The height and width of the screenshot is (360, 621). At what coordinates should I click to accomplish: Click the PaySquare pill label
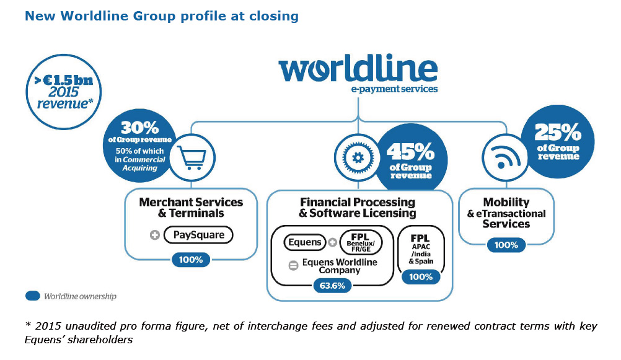point(199,235)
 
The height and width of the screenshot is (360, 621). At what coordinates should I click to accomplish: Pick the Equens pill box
point(305,242)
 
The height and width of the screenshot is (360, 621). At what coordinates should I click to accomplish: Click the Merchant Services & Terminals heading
point(191,208)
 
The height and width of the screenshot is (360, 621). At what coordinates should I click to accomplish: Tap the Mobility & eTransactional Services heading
point(506,213)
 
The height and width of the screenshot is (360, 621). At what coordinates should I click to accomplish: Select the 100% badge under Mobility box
point(506,245)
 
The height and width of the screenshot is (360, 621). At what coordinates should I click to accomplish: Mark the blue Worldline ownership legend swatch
point(33,296)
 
